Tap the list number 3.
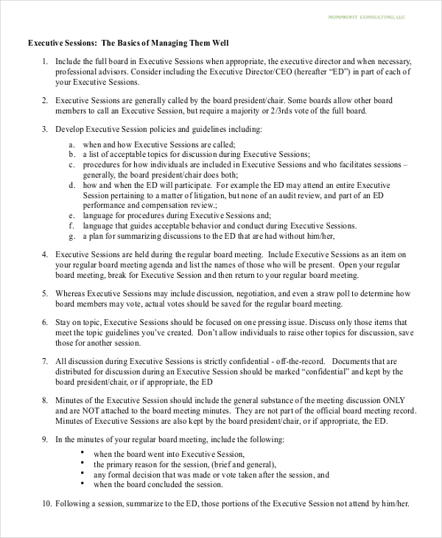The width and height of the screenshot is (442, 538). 45,129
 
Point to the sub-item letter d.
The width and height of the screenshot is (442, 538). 72,185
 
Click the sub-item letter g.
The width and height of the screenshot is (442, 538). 72,236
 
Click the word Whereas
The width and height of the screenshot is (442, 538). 74,293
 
